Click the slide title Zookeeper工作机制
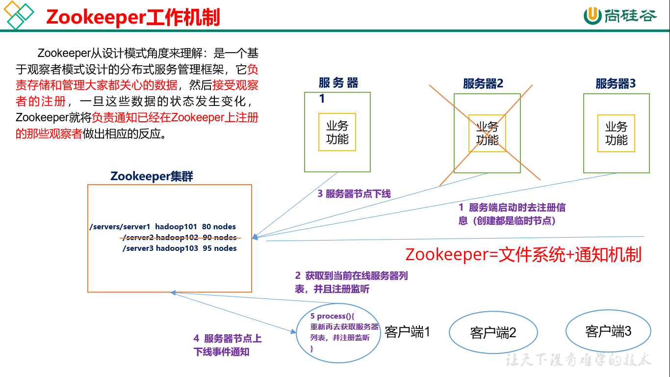(x=133, y=17)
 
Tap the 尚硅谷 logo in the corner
(x=620, y=16)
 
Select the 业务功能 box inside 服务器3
(x=616, y=133)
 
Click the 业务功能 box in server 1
(x=337, y=132)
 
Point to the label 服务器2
(x=483, y=83)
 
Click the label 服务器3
(x=616, y=83)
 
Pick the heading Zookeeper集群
(x=152, y=176)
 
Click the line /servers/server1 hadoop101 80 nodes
(x=163, y=227)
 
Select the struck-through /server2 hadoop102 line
(x=180, y=238)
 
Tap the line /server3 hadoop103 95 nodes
(x=180, y=248)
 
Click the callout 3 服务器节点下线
(x=354, y=194)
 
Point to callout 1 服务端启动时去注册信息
(x=512, y=214)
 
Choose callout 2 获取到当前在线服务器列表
(x=352, y=282)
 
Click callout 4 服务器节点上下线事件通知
(x=227, y=345)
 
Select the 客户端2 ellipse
(x=493, y=332)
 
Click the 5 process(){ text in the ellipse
(x=333, y=316)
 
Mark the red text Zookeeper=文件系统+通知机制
(x=523, y=255)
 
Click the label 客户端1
(x=407, y=332)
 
